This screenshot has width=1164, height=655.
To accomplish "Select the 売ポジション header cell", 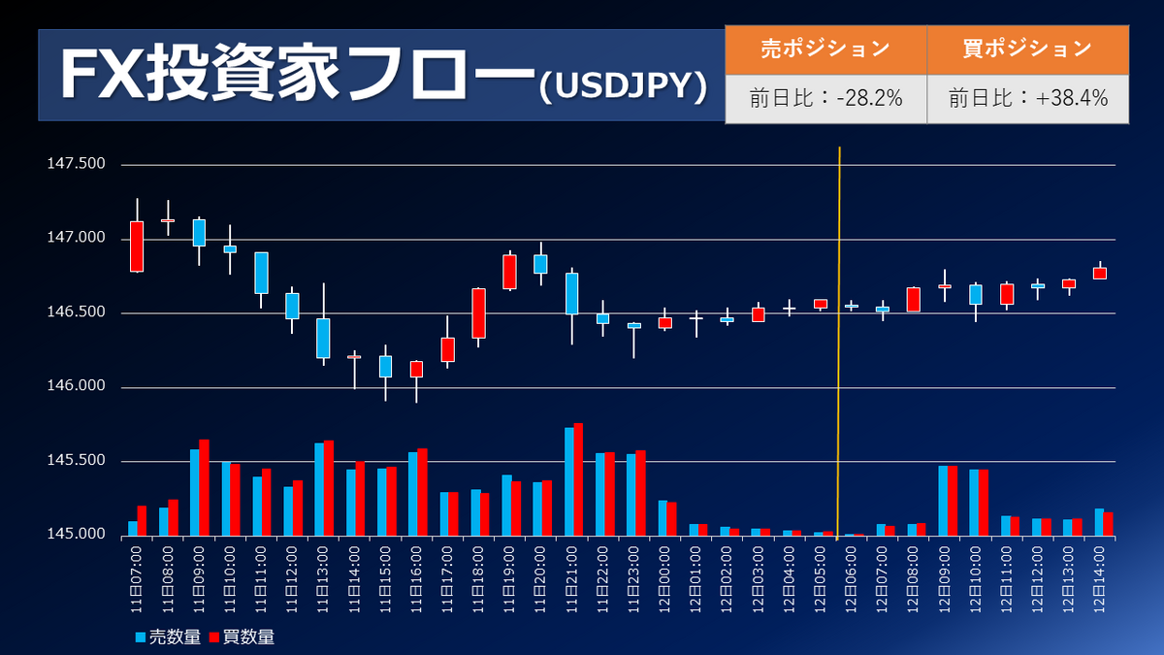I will coord(825,49).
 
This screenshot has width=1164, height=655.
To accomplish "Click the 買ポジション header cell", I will coord(1027,49).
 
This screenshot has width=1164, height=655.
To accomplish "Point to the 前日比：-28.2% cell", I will coord(825,98).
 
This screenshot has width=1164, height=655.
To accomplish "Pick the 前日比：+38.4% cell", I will coord(1027,98).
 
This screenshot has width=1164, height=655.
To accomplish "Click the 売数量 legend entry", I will coord(171,637).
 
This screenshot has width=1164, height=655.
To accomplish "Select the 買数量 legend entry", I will coord(242,637).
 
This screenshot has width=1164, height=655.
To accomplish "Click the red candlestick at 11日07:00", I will coord(137,246).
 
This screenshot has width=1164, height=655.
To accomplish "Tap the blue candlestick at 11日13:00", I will coord(323,338).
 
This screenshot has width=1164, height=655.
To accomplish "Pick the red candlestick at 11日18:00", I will coord(479,312).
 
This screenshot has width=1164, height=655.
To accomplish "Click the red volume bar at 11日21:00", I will coord(579,479).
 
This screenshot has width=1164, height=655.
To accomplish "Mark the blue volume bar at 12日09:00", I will coord(943,501).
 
